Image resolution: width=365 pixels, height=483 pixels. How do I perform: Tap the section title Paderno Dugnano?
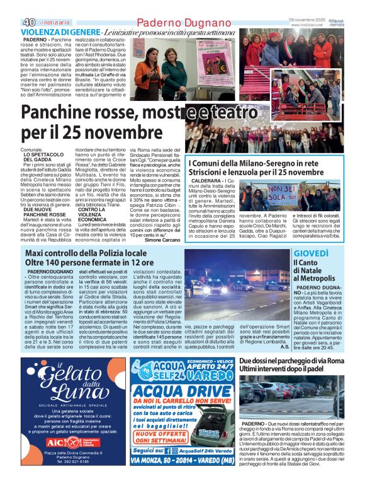point(181,23)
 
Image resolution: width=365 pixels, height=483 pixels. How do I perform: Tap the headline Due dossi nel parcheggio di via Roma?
point(291,360)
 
